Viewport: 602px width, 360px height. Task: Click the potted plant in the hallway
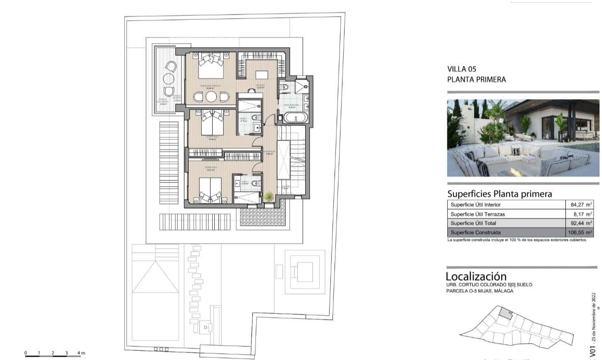tap(269, 197)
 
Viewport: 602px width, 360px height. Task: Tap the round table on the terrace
tap(169, 78)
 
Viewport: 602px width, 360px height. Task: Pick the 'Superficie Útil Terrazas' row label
tap(478, 214)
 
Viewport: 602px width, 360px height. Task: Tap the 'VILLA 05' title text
tap(462, 69)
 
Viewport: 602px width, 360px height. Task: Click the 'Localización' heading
tap(476, 276)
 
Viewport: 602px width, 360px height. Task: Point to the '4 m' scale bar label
tap(81, 353)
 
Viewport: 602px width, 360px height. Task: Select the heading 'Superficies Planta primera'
tap(500, 194)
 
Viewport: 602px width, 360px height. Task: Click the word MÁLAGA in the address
tap(502, 291)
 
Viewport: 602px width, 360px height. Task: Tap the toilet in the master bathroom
tap(285, 87)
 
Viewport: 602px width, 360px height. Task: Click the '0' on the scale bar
tap(26, 353)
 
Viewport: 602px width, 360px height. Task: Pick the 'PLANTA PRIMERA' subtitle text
tap(476, 79)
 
